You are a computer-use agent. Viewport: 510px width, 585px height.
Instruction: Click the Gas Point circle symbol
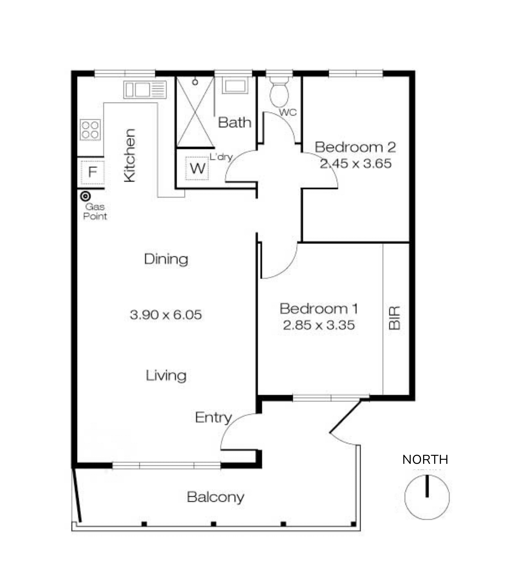click(85, 196)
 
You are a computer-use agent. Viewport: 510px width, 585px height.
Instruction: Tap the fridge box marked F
click(92, 172)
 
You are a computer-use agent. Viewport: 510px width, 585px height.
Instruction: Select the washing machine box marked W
click(197, 169)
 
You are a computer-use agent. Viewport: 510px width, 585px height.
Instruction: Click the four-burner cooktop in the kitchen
click(90, 130)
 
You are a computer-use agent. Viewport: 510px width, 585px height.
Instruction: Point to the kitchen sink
click(145, 90)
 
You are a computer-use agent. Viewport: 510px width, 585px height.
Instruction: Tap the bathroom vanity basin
click(235, 86)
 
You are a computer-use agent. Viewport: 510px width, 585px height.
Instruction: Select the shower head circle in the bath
click(195, 82)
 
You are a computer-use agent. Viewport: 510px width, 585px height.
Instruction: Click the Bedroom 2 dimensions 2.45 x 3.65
click(355, 164)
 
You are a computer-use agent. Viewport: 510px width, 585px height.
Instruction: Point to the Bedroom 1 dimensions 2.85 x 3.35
click(319, 325)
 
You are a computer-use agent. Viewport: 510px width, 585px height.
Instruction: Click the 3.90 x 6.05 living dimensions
click(166, 315)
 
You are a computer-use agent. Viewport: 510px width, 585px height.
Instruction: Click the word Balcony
click(215, 497)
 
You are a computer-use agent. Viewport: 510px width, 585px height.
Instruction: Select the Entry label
click(213, 418)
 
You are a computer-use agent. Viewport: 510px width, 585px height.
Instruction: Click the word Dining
click(166, 259)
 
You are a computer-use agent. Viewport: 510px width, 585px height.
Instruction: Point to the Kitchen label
click(130, 155)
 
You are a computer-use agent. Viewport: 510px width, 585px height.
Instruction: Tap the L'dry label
click(221, 157)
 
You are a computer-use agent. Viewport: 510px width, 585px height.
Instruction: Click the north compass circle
click(427, 497)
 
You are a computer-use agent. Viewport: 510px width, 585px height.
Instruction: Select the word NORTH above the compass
click(425, 459)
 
